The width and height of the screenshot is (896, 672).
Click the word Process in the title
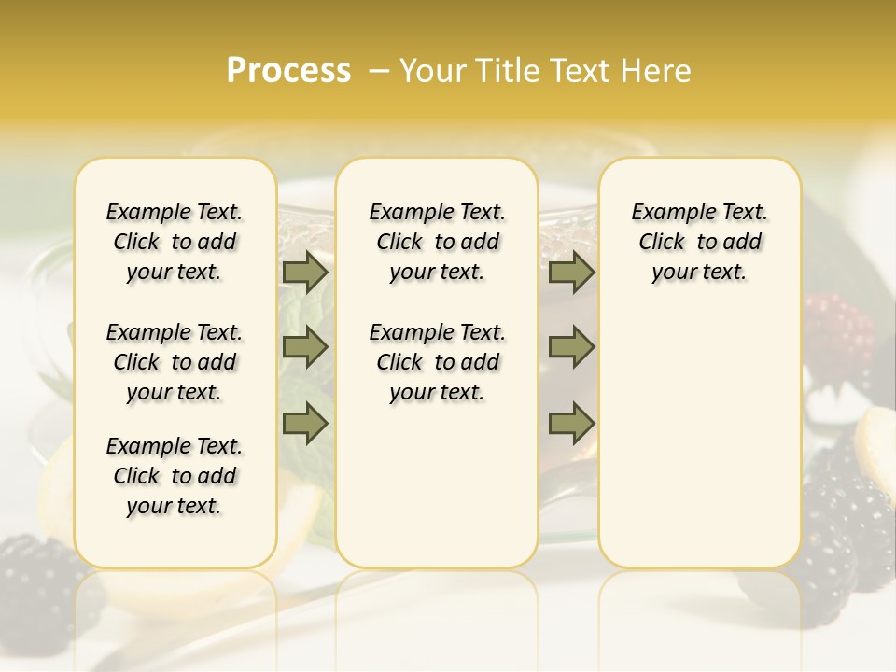[x=288, y=71]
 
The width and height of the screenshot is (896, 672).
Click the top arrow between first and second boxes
[x=305, y=273]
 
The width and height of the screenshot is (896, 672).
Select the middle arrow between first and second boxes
[x=305, y=347]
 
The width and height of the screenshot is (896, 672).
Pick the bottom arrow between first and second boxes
[x=305, y=423]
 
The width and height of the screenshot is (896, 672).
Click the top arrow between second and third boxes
[x=571, y=273]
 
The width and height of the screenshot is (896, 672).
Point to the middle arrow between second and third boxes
[x=571, y=347]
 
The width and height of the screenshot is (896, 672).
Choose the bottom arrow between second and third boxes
[x=571, y=423]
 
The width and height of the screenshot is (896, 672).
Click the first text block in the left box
[x=175, y=242]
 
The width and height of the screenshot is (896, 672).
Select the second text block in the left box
[x=175, y=362]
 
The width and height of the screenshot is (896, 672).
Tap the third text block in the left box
[x=175, y=476]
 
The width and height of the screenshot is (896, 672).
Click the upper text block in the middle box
[x=437, y=242]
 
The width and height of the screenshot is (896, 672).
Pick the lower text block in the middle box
[x=437, y=362]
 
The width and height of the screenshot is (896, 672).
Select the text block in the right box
[x=699, y=242]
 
